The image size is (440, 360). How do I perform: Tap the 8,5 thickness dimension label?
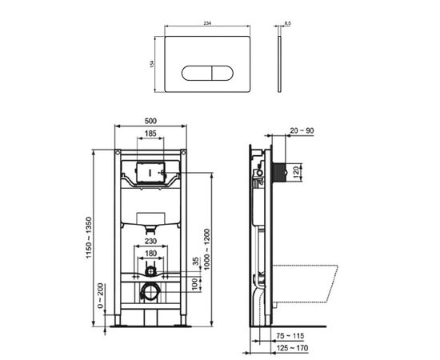pos(286,25)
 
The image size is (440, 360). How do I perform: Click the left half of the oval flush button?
pos(195,74)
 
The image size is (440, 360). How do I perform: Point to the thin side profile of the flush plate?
pos(281,63)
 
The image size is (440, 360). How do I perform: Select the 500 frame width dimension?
pos(150,121)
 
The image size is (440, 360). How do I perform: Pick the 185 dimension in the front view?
pos(150,134)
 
